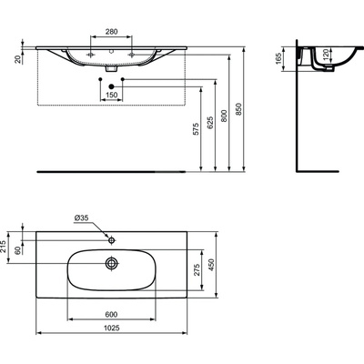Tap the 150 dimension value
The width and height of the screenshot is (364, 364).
(112, 96)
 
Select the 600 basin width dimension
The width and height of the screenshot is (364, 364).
(111, 317)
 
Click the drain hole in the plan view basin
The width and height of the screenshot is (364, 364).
(111, 263)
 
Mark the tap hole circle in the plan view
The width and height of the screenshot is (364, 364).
(111, 239)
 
